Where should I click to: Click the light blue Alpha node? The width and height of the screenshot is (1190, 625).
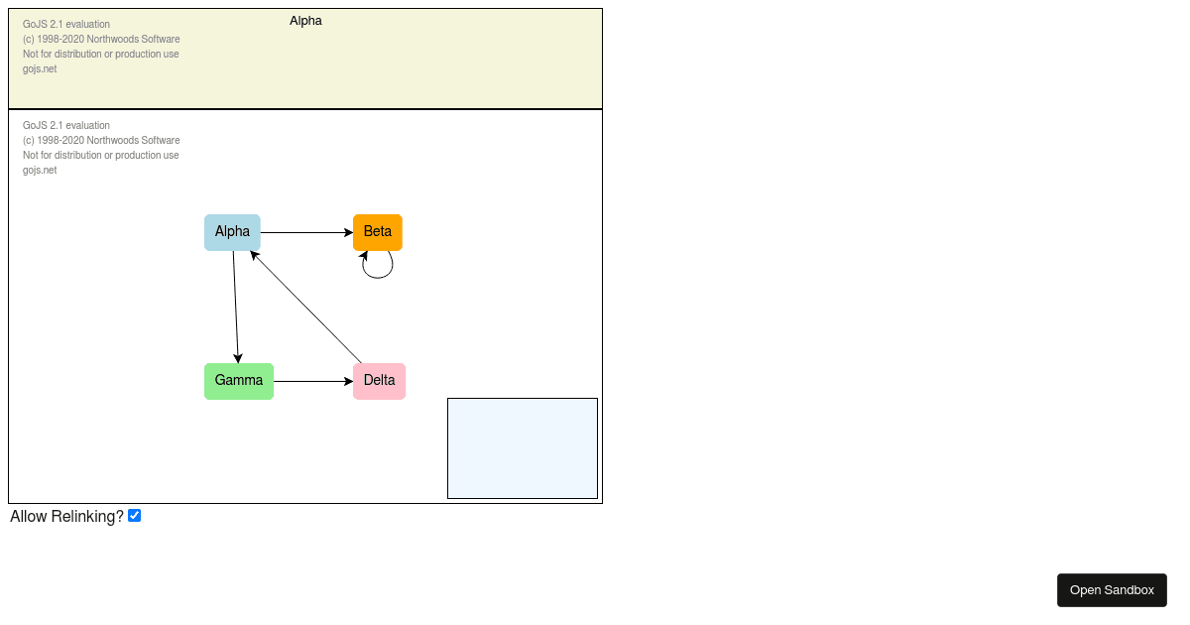(x=232, y=232)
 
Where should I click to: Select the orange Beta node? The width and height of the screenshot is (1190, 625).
(x=378, y=232)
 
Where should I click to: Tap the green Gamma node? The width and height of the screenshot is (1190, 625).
(x=239, y=381)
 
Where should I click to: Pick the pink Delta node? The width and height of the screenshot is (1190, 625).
(x=379, y=381)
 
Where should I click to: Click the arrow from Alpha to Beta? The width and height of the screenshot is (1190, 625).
(x=306, y=232)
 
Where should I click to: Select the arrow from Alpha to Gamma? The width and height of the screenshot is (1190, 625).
(x=236, y=308)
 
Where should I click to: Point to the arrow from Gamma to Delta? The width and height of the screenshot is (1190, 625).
(x=313, y=381)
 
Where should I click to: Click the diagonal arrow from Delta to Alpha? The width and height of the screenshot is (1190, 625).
(x=305, y=308)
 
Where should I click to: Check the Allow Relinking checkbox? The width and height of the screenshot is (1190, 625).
(x=135, y=516)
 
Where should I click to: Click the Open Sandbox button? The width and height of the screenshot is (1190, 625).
(x=1112, y=590)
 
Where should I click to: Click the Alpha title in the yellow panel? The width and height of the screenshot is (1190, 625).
(x=305, y=21)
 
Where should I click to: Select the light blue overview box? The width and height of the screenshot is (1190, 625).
(x=523, y=448)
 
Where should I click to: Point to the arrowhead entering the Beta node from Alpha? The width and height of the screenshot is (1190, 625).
(x=349, y=232)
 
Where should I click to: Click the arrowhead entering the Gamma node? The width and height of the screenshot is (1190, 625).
(x=238, y=358)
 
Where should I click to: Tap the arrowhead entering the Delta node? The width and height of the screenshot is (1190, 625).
(x=349, y=381)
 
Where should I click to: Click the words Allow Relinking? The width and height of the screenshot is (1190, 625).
(x=67, y=516)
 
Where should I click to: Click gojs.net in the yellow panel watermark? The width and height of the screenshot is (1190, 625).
(x=40, y=69)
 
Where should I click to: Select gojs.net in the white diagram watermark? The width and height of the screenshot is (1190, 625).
(x=40, y=170)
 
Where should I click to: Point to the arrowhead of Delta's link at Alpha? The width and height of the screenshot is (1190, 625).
(x=254, y=255)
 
